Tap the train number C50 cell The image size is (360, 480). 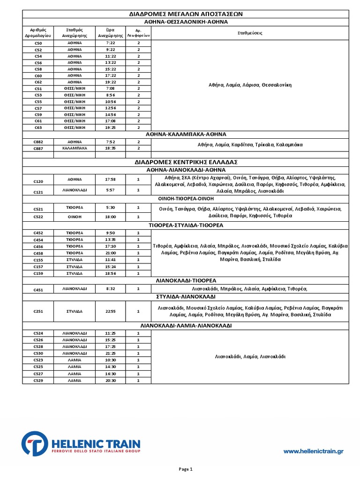pos(38,43)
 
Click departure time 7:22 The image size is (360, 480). pos(111,43)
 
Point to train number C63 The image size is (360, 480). pos(38,127)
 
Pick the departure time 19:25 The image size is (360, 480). pos(111,127)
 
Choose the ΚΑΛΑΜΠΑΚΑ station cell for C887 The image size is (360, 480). pos(75,148)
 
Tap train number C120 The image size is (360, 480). pos(38,181)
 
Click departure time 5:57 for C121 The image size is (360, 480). pos(111,190)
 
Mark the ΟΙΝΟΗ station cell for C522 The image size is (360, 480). pos(75,217)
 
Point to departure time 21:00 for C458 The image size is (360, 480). pos(111,253)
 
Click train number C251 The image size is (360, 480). pos(38,311)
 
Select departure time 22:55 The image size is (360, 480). pos(111,311)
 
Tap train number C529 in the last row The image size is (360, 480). pos(38,381)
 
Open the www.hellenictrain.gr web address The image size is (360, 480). pos(314,451)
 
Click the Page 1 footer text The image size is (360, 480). pos(186,469)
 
